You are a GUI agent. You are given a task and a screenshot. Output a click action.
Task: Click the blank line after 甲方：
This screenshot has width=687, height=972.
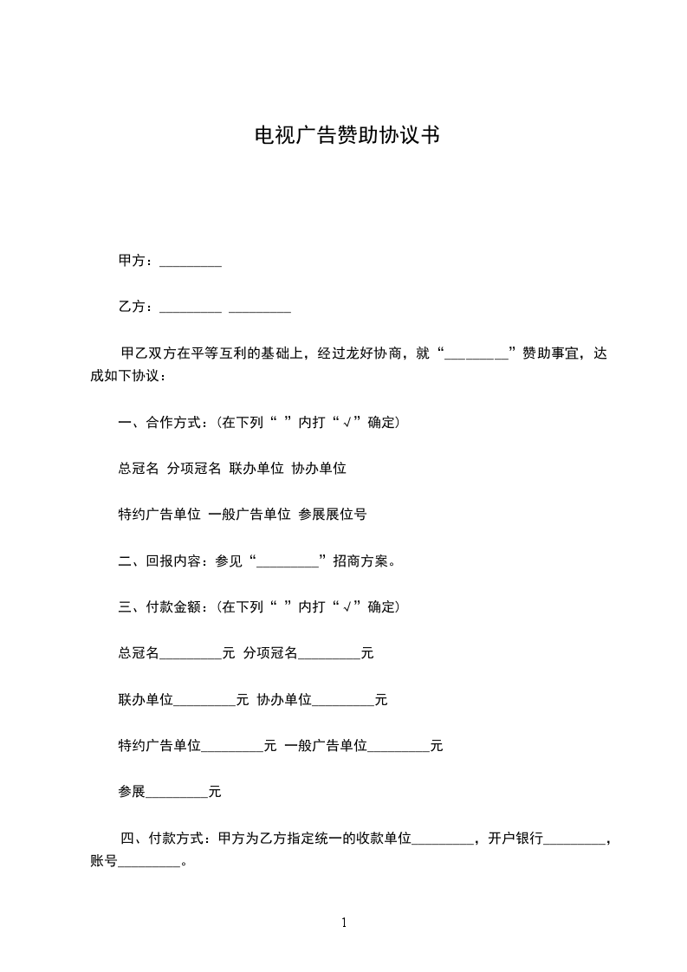click(191, 261)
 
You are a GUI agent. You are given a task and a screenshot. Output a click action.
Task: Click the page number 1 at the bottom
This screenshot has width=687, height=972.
click(344, 923)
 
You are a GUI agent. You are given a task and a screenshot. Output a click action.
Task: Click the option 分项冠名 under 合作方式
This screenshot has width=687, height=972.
click(194, 469)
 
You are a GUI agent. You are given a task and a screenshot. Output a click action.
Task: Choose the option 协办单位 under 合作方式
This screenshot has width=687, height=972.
click(319, 469)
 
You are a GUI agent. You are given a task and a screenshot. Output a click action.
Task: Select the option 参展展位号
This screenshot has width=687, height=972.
click(332, 515)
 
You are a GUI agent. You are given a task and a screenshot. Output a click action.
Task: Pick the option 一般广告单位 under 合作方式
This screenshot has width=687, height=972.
click(250, 515)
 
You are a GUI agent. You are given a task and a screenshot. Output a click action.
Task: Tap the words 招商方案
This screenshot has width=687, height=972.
click(364, 561)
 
